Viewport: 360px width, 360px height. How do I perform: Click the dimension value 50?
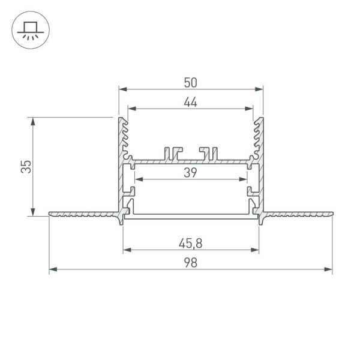coord(191,80)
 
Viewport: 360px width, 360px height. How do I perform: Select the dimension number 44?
coord(191,102)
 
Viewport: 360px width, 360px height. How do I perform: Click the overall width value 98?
coord(191,263)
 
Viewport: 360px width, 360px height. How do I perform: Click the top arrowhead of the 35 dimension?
coord(34,120)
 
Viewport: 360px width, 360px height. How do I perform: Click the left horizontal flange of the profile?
coord(84,213)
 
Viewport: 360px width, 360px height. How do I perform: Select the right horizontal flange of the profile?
coord(297,213)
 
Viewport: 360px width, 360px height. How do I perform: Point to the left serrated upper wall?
coord(124,138)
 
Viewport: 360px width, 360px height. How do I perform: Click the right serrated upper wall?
coord(259,138)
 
